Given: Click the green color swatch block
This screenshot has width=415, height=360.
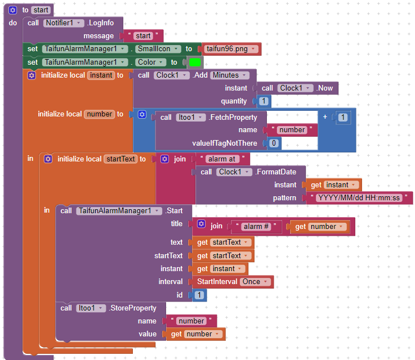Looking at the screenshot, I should [195, 62].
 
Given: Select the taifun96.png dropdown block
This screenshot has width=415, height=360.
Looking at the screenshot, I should [231, 49].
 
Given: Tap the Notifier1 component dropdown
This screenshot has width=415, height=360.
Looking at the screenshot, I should [64, 23].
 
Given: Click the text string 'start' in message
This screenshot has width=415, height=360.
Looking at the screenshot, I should [143, 36].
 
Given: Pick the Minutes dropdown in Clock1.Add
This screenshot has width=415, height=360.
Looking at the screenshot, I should [229, 75].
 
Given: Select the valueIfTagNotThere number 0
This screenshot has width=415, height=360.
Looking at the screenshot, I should [273, 143].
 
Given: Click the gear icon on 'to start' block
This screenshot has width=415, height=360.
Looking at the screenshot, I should [13, 10].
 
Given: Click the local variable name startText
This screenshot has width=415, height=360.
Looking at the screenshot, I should [120, 159].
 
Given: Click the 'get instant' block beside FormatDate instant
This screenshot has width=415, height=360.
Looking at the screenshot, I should [332, 184].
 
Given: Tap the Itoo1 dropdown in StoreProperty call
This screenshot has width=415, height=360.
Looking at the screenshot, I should [91, 308].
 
